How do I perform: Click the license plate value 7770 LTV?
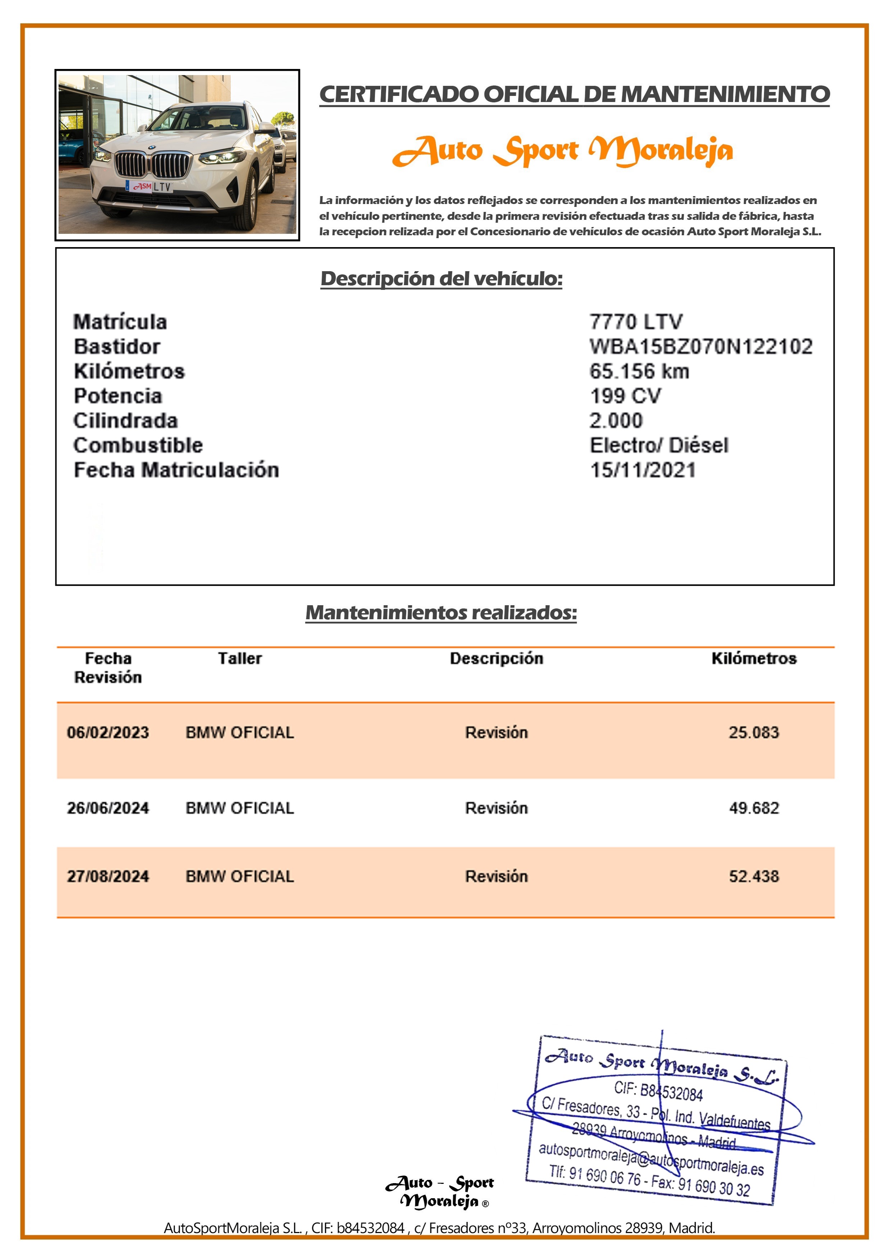pos(636,321)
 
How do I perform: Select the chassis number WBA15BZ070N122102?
pos(701,346)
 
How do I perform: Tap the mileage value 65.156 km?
pos(639,371)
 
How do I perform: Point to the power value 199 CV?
pos(625,396)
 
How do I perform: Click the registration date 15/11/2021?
pos(642,470)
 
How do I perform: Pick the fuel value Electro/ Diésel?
pos(659,445)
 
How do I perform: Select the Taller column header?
pos(240,658)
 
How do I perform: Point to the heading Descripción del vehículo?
pos(442,278)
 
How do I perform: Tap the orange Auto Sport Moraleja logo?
pos(563,150)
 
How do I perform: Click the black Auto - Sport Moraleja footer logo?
pos(440,1192)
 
